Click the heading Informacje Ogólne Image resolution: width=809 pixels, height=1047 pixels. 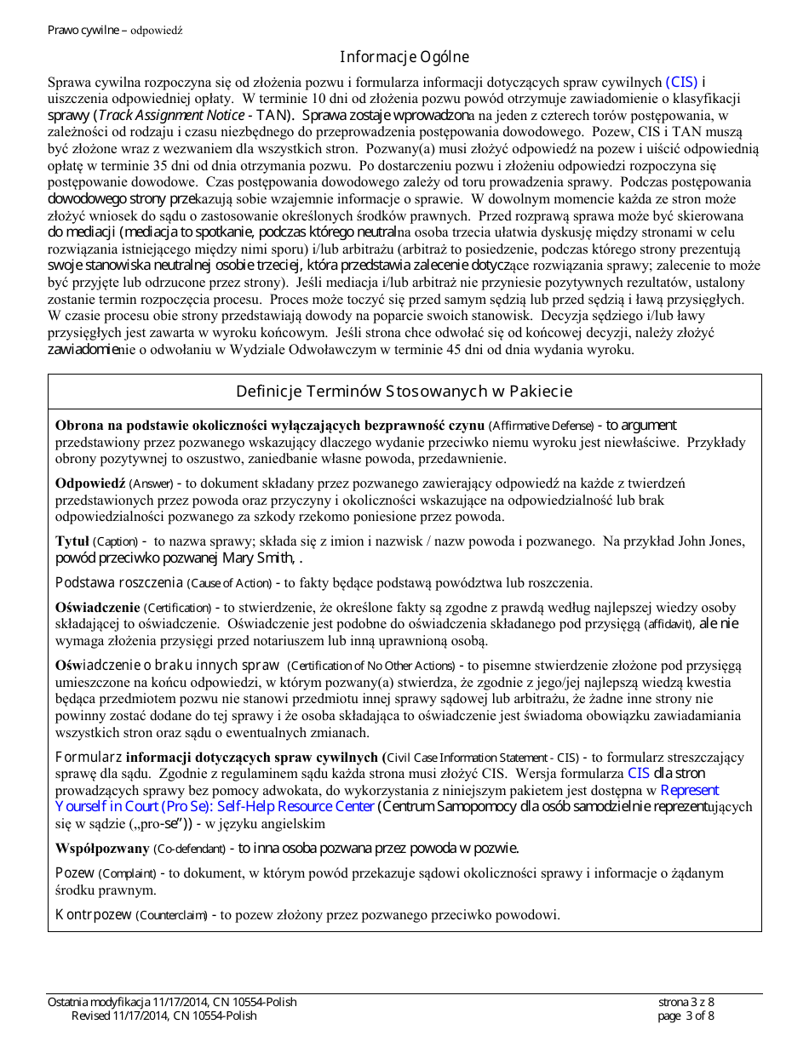[404, 57]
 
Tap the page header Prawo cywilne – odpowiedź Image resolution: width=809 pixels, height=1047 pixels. [115, 30]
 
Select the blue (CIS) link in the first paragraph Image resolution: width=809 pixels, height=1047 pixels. [681, 83]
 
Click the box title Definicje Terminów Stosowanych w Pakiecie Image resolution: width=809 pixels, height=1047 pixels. [404, 392]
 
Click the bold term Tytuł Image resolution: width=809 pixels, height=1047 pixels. [72, 541]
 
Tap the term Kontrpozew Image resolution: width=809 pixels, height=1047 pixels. [93, 915]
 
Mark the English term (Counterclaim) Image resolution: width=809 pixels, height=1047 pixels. [173, 916]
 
